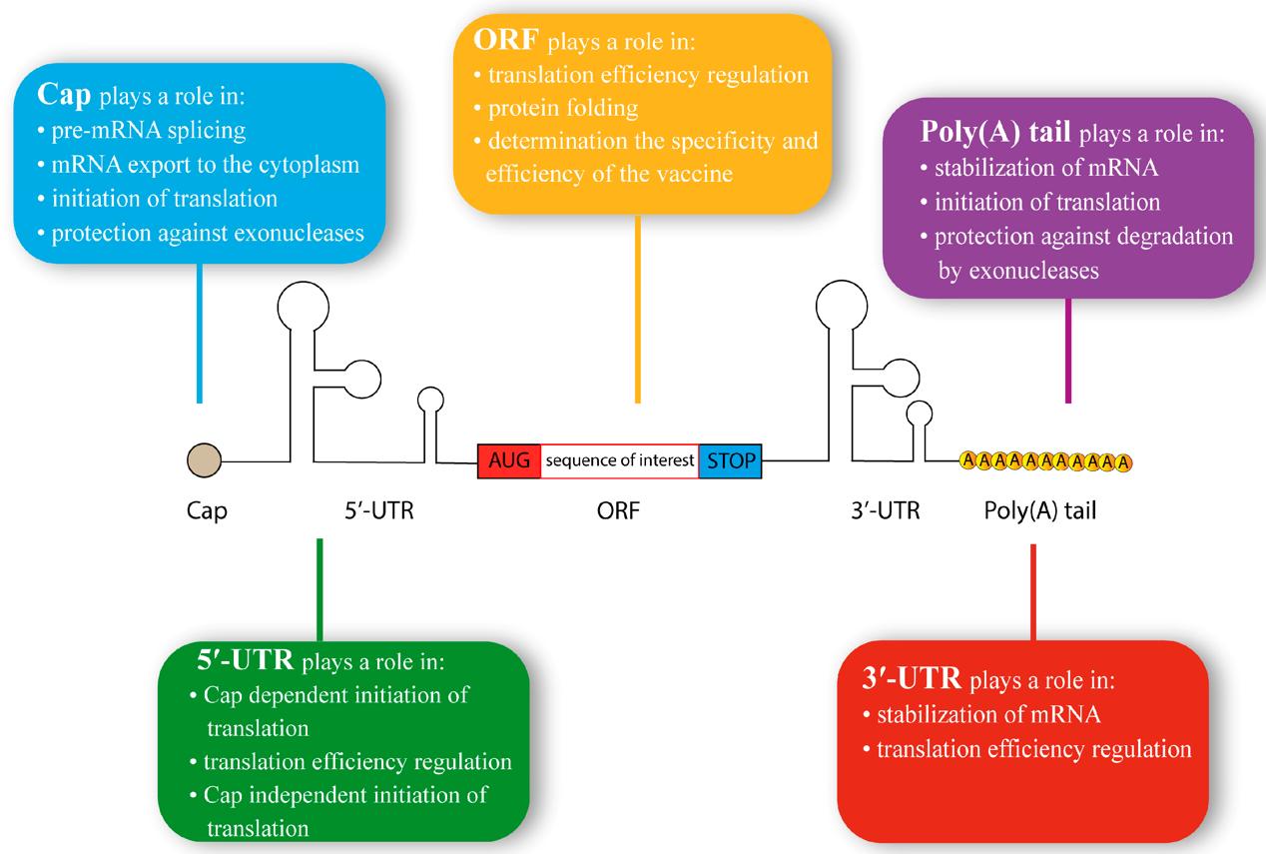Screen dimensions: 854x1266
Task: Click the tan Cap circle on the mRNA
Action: (x=203, y=461)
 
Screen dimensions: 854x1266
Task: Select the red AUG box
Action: (x=509, y=462)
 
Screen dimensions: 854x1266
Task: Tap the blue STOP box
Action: (x=730, y=462)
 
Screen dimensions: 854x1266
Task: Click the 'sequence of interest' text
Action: (x=619, y=462)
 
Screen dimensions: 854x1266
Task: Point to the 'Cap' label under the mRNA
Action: (x=208, y=511)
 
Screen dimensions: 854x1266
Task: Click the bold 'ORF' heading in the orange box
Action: (x=504, y=42)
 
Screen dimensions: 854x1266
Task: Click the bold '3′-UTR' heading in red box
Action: (x=911, y=680)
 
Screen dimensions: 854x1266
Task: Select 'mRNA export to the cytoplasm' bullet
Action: (x=195, y=164)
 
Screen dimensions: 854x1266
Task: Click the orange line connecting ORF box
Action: (x=637, y=310)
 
